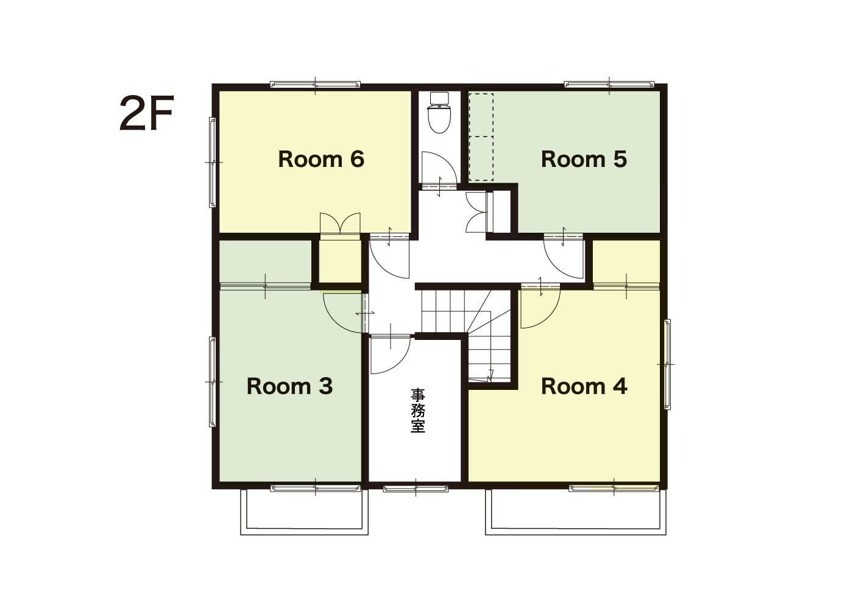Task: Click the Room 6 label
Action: (321, 159)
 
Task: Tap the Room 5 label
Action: (584, 159)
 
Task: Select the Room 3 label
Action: (289, 386)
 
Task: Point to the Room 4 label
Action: (584, 386)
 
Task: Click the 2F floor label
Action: (147, 113)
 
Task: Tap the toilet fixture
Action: (439, 112)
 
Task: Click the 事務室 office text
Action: (417, 411)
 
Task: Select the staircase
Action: (466, 336)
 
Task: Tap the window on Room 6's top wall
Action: (316, 84)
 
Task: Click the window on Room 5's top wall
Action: (609, 84)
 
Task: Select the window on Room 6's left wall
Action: (213, 163)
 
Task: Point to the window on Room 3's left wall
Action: (213, 382)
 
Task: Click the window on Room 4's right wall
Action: (667, 364)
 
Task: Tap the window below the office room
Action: (416, 489)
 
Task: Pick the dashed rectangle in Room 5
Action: (481, 136)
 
